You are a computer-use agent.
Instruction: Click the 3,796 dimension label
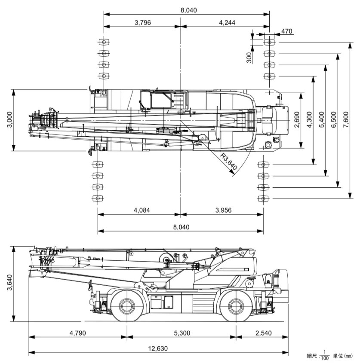click(x=142, y=22)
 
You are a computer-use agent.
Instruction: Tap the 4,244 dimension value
click(x=227, y=22)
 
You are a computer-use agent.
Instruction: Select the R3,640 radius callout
click(x=228, y=162)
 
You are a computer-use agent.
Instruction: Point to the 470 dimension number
click(x=287, y=31)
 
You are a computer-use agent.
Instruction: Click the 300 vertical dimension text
click(x=249, y=58)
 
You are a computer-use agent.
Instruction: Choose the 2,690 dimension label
click(x=297, y=120)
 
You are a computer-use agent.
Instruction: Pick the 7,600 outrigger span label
click(x=346, y=120)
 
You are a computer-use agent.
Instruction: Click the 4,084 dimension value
click(x=142, y=210)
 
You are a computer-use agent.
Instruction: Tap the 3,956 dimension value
click(x=224, y=210)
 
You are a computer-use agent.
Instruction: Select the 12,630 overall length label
click(x=158, y=348)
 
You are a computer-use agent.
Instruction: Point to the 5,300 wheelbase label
click(x=182, y=333)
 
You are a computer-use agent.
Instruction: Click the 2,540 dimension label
click(x=264, y=333)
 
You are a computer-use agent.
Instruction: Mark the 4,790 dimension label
click(x=78, y=333)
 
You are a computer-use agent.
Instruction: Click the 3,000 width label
click(x=9, y=120)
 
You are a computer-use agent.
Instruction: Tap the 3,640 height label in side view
click(x=9, y=282)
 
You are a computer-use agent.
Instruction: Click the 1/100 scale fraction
click(x=325, y=356)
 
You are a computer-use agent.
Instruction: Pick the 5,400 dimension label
click(x=321, y=120)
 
